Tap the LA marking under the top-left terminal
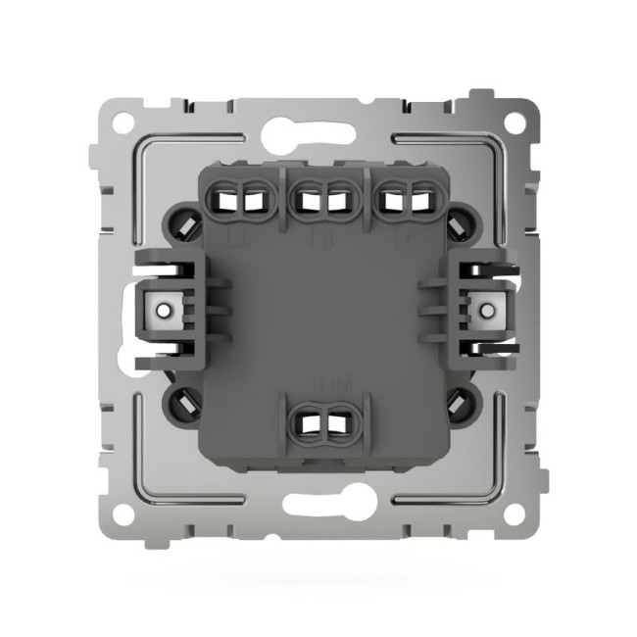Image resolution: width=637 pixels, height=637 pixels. (235, 236)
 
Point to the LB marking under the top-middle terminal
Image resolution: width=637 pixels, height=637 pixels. (318, 236)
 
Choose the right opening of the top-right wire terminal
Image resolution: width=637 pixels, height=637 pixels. (420, 202)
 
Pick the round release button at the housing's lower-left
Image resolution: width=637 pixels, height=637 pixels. (185, 401)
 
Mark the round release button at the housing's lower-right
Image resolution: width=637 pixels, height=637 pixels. (455, 401)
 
